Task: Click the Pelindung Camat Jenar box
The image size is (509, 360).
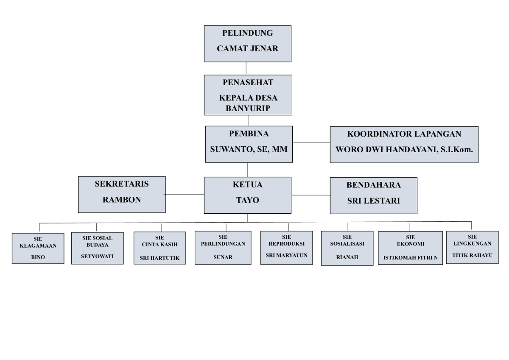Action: coord(247,43)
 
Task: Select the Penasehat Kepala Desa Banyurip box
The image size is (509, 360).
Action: coord(248,95)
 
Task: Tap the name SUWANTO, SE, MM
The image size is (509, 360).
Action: coord(249,149)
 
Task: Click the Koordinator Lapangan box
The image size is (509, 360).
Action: coord(404,144)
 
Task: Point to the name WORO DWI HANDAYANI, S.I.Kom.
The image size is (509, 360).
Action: coord(404,149)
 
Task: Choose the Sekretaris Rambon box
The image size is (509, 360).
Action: coord(122,194)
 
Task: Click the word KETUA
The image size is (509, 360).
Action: coord(248,185)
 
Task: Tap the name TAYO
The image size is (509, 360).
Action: coord(248,200)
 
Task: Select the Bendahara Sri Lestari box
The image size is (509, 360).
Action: coord(373,195)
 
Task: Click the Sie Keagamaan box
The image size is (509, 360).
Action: coord(38,248)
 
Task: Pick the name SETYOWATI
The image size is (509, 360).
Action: coord(97,256)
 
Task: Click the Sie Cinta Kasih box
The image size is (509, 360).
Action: coord(159,248)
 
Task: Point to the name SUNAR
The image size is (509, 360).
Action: coord(223,257)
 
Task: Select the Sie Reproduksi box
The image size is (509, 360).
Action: coord(286,248)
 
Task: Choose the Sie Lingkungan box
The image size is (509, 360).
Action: coord(472,247)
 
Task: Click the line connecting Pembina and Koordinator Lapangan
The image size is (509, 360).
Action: coord(311,143)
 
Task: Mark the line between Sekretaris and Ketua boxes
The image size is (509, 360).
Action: coord(185,194)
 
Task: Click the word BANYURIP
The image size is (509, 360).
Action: coord(248,108)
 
